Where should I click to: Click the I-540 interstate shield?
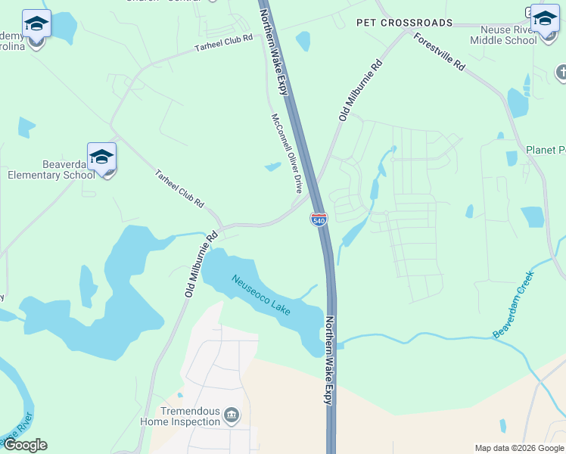(x=319, y=219)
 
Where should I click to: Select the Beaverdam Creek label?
(x=518, y=312)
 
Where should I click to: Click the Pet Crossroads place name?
(x=404, y=23)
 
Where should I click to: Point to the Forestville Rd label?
(x=439, y=52)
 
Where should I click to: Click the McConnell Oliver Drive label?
(x=288, y=154)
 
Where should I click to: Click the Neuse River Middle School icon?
(x=544, y=20)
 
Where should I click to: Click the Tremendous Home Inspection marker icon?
(x=232, y=414)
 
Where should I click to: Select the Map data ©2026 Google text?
(x=518, y=448)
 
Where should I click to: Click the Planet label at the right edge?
(x=545, y=150)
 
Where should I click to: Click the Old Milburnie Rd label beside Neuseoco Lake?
(x=200, y=263)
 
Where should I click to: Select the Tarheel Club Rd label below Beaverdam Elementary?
(x=179, y=188)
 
